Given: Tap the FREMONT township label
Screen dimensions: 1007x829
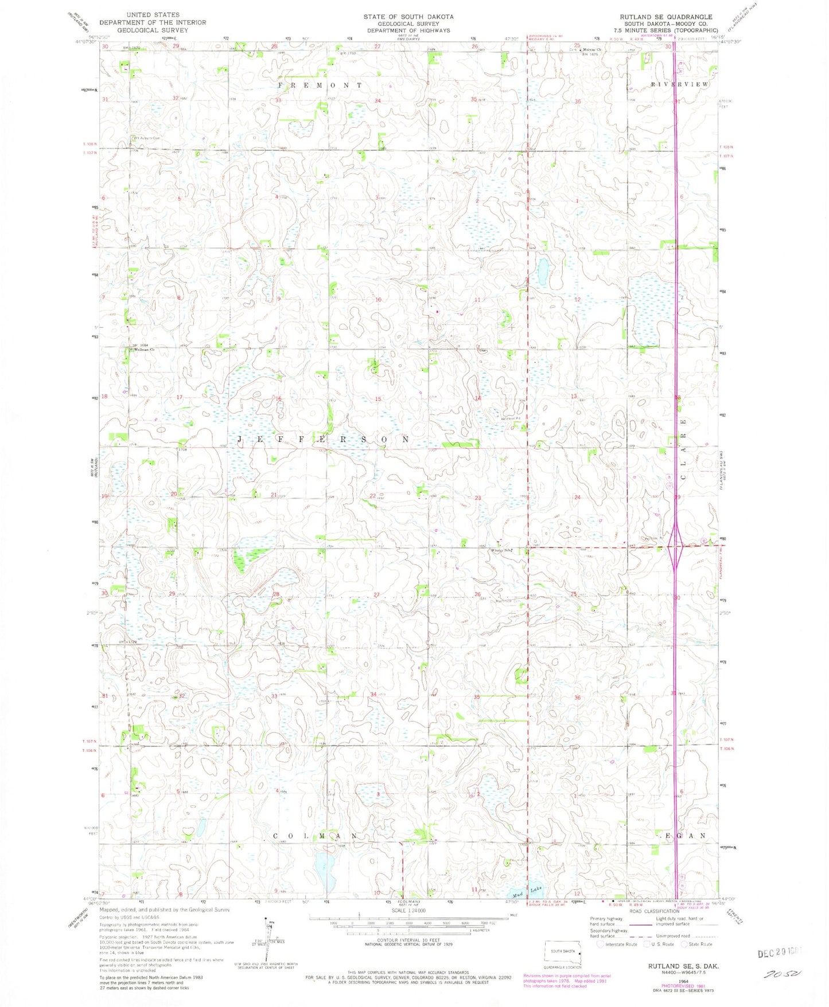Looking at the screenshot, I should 320,85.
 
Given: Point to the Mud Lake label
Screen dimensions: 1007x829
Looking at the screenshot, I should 525,891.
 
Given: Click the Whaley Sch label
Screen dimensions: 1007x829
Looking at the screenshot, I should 501,551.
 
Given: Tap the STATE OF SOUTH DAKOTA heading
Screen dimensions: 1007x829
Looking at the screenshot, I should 408,17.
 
